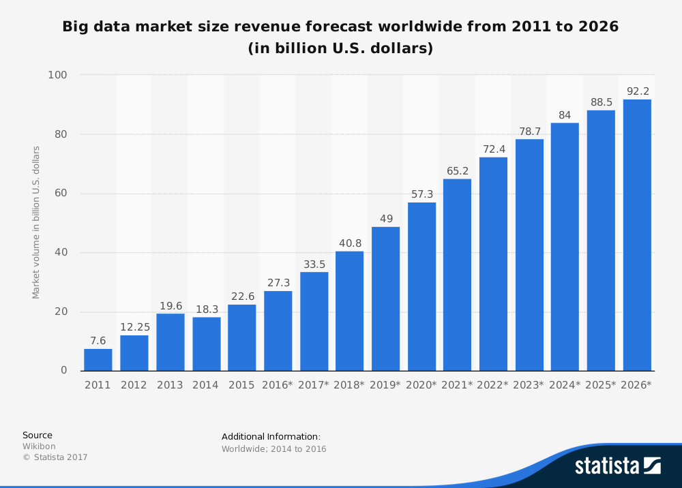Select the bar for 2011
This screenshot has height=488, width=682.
coord(98,360)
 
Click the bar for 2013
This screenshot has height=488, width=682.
coord(170,342)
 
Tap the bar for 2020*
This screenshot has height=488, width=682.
coord(421,286)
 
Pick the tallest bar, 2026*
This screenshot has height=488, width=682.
coord(637,235)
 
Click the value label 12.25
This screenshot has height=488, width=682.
coord(134,327)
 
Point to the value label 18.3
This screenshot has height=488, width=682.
coord(206,309)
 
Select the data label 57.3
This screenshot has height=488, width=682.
coord(421,194)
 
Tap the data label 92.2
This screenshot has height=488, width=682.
coord(637,91)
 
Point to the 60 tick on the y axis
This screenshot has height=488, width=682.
coord(60,194)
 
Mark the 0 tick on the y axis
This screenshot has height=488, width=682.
coord(63,371)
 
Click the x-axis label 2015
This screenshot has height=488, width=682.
coord(241,385)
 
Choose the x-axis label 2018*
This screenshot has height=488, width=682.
coord(349,385)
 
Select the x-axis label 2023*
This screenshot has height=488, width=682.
coord(529,385)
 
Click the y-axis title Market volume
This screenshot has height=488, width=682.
coord(36,222)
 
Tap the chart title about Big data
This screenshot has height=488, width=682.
coord(340,37)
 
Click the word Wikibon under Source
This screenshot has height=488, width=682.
coord(39,446)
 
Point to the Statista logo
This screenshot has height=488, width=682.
coord(617,466)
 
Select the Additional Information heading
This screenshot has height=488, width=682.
coord(271,436)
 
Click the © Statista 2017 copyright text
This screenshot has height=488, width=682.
coord(55,457)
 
